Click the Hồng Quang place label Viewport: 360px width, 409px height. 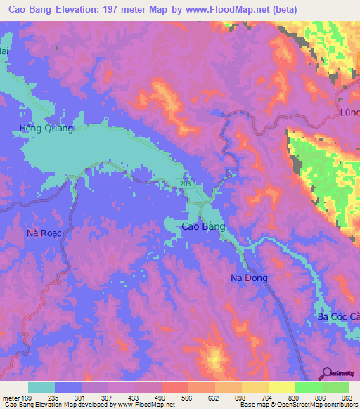tap(46, 128)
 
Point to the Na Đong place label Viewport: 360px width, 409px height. tap(249, 278)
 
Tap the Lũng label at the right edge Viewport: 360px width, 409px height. tap(349, 112)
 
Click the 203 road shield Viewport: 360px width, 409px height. tap(184, 183)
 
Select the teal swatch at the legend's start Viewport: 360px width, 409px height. tap(41, 387)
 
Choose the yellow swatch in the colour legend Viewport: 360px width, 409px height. tap(281, 387)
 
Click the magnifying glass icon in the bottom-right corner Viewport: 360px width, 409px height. tap(328, 374)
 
